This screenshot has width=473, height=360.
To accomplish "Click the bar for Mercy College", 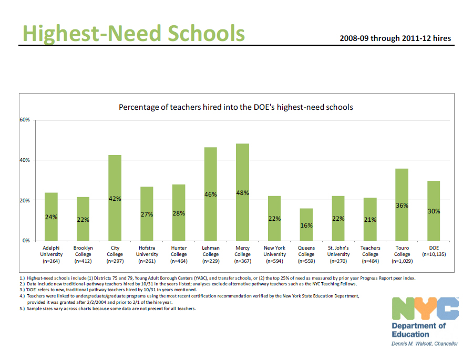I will pyautogui.click(x=242, y=192).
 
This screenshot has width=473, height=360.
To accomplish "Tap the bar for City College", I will pyautogui.click(x=115, y=198).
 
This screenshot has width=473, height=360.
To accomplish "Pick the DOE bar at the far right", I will pyautogui.click(x=434, y=210).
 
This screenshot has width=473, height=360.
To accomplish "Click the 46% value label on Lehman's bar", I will pyautogui.click(x=211, y=195).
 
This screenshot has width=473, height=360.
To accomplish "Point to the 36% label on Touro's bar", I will pyautogui.click(x=402, y=205).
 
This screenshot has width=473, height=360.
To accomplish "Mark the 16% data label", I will pyautogui.click(x=306, y=225).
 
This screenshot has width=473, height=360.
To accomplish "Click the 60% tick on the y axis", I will pyautogui.click(x=25, y=120).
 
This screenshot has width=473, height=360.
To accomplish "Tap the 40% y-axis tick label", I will pyautogui.click(x=25, y=160).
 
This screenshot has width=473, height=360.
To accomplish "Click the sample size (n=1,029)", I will pyautogui.click(x=402, y=261).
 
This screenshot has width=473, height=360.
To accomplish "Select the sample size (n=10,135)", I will pyautogui.click(x=434, y=254).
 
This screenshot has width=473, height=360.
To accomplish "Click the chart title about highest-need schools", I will pyautogui.click(x=235, y=107).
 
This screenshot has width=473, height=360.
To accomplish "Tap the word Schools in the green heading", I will pyautogui.click(x=207, y=33).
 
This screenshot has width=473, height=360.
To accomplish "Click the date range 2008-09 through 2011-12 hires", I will pyautogui.click(x=395, y=38).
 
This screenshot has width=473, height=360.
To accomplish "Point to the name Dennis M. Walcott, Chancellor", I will pyautogui.click(x=425, y=344).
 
